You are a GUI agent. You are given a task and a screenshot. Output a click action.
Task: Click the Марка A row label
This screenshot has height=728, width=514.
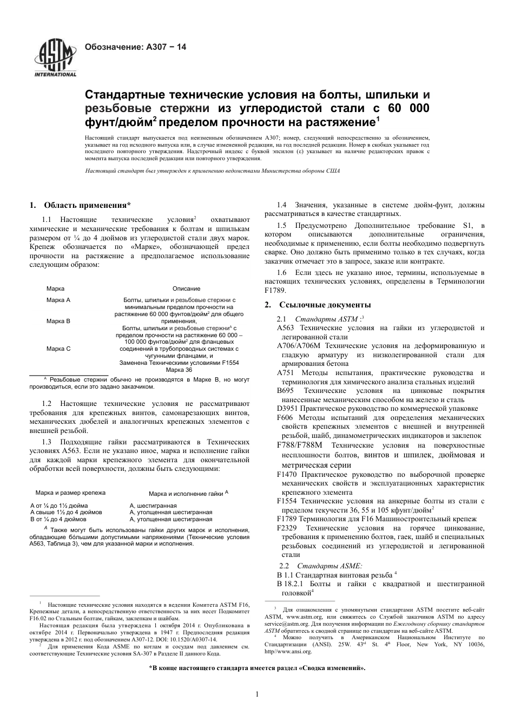coord(58,300)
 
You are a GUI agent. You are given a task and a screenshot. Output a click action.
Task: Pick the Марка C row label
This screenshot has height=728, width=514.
coord(58,349)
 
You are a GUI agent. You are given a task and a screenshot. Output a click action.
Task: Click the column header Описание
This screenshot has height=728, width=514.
coord(186,288)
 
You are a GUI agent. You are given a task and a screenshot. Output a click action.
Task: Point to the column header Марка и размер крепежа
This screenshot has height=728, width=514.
coord(70,493)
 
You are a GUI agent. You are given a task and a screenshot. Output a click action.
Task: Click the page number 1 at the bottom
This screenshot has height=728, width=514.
coord(258,695)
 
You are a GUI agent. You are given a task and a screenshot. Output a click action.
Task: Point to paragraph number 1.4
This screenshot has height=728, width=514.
coord(281,205)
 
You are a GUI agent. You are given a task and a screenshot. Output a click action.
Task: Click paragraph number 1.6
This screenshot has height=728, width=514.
coord(281,273)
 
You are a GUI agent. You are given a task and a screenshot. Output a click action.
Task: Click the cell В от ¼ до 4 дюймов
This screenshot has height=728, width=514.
coord(58,519)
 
